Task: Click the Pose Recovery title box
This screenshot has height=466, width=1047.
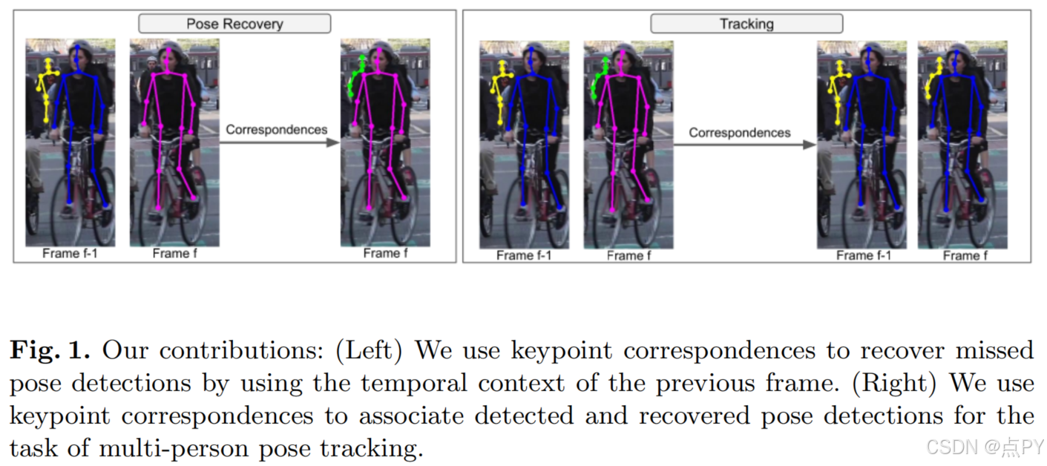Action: pyautogui.click(x=234, y=24)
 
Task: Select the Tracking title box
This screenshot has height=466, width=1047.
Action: pyautogui.click(x=746, y=24)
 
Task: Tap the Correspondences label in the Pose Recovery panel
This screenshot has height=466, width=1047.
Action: pyautogui.click(x=276, y=129)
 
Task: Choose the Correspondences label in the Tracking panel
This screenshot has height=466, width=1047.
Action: pyautogui.click(x=739, y=133)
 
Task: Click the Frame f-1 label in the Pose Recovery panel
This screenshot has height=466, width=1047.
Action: pyautogui.click(x=70, y=254)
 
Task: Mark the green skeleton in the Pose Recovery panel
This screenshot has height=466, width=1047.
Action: pyautogui.click(x=355, y=76)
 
